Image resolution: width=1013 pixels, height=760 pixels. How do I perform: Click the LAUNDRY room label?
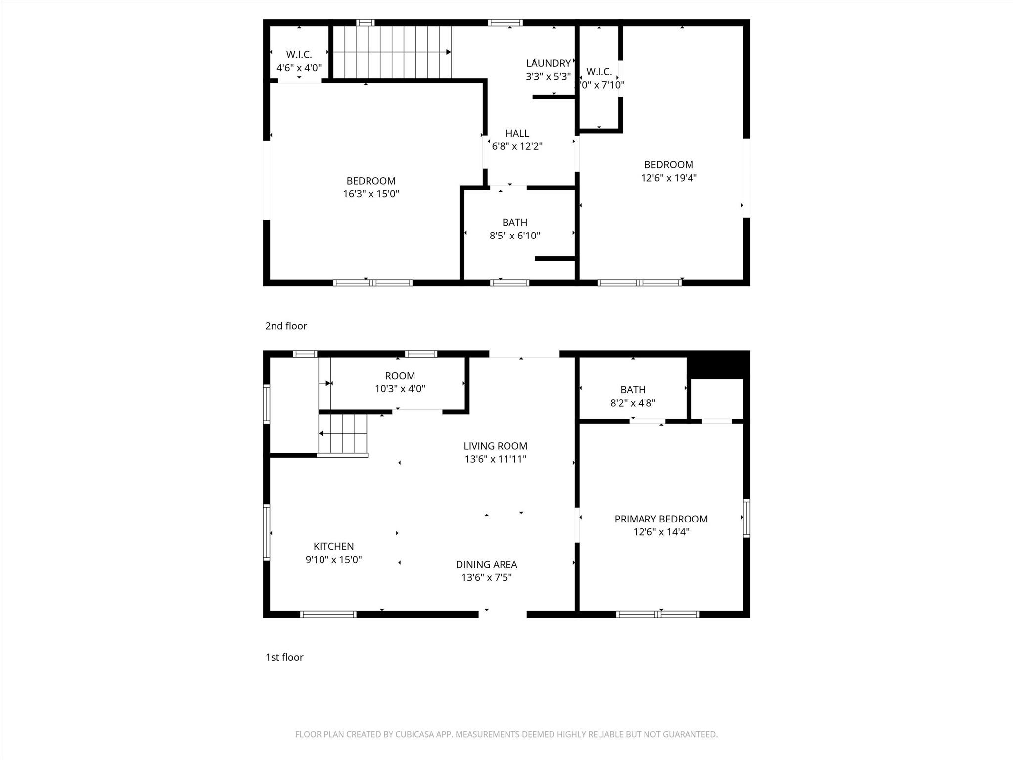click(548, 63)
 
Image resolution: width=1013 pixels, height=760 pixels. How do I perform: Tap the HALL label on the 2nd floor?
click(517, 133)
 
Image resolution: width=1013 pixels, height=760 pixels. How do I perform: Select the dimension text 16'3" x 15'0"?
click(371, 194)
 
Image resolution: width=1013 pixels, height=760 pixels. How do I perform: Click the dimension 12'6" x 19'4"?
click(669, 178)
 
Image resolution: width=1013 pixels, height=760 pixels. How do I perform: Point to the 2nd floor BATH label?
click(514, 223)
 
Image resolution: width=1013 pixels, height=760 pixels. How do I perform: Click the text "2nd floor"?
click(286, 326)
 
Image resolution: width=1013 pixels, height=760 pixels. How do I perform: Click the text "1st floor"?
click(284, 657)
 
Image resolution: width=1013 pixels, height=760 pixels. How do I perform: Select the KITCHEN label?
click(333, 546)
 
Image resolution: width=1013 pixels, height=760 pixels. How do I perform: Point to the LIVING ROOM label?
click(495, 446)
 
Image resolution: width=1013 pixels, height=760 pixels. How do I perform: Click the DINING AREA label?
click(486, 564)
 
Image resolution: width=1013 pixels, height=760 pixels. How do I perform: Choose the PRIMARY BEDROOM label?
click(661, 519)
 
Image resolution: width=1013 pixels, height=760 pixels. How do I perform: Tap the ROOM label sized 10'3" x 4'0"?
click(400, 376)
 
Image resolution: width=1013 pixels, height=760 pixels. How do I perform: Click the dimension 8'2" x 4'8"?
click(633, 403)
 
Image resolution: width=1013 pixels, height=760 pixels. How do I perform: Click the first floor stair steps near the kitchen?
click(343, 434)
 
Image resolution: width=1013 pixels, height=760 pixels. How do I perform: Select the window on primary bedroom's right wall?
click(746, 518)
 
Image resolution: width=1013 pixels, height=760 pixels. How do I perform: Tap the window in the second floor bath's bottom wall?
click(509, 283)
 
